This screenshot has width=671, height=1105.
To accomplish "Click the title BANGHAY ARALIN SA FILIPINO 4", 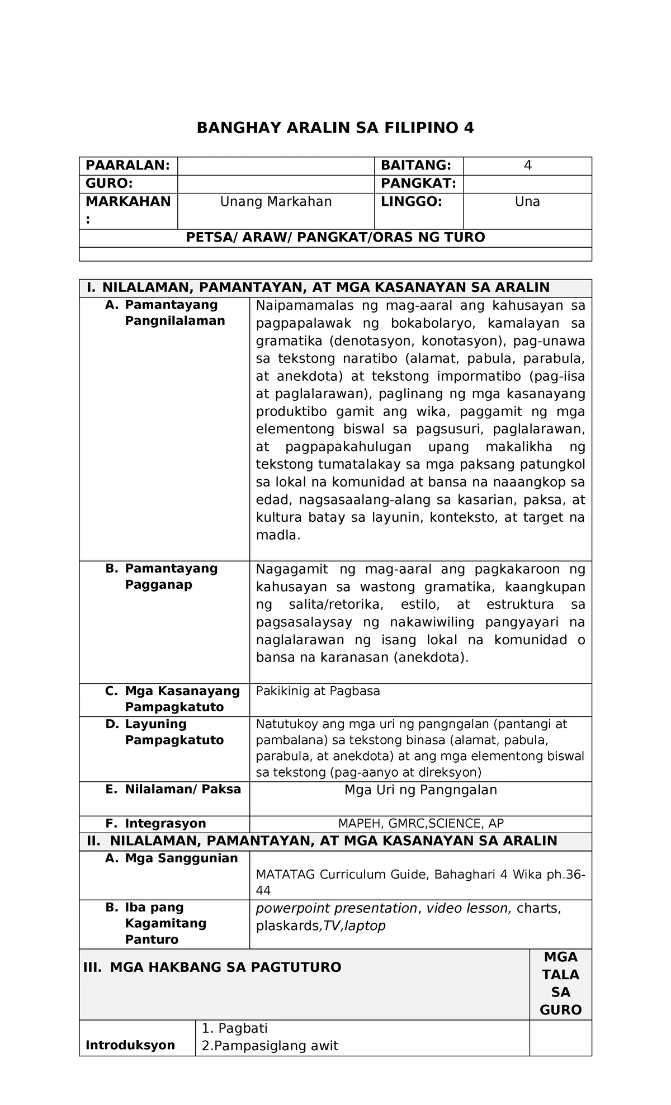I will point(335,128).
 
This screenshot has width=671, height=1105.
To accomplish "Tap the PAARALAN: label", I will point(127,166).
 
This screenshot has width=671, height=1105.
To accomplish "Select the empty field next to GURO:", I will point(275,184).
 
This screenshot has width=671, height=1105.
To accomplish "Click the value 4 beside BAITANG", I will point(527,166).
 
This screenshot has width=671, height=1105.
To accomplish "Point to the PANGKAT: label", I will point(418,184).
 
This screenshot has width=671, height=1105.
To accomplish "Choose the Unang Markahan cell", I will point(276,202).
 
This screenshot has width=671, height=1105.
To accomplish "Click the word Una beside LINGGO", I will point(527,202).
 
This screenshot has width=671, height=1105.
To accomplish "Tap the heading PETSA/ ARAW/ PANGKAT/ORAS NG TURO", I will point(335,238).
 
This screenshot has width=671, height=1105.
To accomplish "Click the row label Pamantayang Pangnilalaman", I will point(174,313).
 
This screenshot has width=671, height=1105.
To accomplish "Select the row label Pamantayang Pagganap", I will point(171,577).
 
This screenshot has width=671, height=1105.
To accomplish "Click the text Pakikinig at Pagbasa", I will point(318,691).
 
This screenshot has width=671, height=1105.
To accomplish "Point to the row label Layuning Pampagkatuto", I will point(174,732).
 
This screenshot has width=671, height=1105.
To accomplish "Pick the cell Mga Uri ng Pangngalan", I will point(420,790).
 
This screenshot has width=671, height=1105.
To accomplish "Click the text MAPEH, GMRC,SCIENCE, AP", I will point(420,823).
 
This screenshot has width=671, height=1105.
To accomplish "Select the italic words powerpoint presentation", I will point(336,908).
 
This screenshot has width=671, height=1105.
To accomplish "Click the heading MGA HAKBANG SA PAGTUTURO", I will point(225,967).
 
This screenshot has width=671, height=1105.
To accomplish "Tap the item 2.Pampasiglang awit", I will point(270,1046).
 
